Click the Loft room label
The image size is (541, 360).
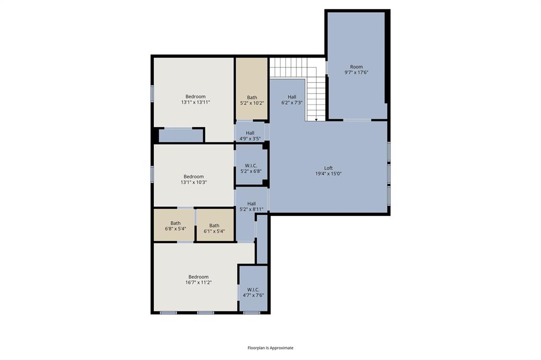coord(328,168)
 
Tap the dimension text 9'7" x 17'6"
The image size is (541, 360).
coord(357,72)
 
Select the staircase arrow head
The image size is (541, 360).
coord(316,120)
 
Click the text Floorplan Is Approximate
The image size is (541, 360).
coord(270,348)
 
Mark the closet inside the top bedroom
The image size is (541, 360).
coord(181,136)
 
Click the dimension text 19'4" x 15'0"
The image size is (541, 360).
coord(329,174)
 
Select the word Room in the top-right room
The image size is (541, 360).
coord(357,67)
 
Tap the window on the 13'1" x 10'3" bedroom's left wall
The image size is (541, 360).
coord(152,174)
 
